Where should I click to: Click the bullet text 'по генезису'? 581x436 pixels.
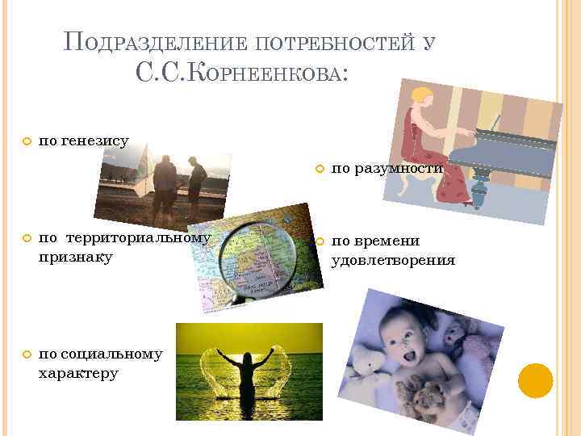click(x=83, y=140)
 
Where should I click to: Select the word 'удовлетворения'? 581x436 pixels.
click(x=393, y=260)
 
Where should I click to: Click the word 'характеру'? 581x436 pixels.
click(x=78, y=373)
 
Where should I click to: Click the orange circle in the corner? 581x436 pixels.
click(x=535, y=380)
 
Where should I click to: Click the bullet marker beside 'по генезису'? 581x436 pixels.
click(x=26, y=141)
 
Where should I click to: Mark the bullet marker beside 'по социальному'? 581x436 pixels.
click(x=26, y=355)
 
